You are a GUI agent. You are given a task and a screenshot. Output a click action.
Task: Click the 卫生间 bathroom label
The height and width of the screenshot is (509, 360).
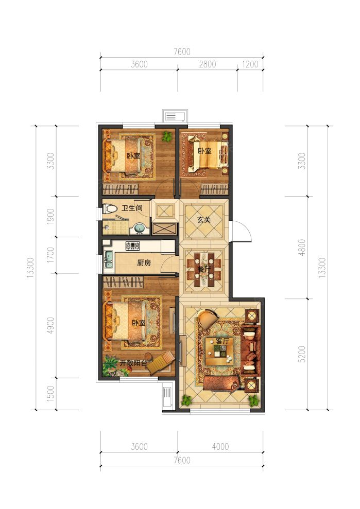(132, 207)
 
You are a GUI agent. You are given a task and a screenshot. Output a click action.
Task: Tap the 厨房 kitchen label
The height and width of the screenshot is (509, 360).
(144, 262)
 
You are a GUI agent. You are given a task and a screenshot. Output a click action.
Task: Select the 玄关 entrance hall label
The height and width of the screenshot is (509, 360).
(204, 220)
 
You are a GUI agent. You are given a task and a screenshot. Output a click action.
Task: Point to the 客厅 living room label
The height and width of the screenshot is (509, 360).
(222, 341)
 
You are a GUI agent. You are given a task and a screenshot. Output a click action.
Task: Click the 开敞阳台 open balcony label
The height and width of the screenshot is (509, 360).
(133, 363)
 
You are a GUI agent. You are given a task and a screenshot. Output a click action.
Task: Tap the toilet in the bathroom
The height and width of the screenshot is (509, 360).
(109, 208)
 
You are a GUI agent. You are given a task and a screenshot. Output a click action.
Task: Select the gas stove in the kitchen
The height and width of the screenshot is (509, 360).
(133, 245)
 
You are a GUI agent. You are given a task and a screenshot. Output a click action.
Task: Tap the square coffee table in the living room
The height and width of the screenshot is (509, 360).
(220, 352)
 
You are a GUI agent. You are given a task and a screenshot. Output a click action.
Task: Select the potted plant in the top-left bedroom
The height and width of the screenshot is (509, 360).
(167, 136)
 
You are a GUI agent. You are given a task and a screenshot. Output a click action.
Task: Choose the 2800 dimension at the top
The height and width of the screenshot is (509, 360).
(208, 64)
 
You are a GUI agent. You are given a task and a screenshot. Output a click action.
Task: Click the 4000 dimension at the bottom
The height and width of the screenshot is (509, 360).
(220, 447)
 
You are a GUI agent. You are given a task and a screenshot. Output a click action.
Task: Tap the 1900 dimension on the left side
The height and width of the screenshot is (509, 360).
(50, 216)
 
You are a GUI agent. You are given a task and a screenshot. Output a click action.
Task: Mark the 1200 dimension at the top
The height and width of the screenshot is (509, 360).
(250, 64)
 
